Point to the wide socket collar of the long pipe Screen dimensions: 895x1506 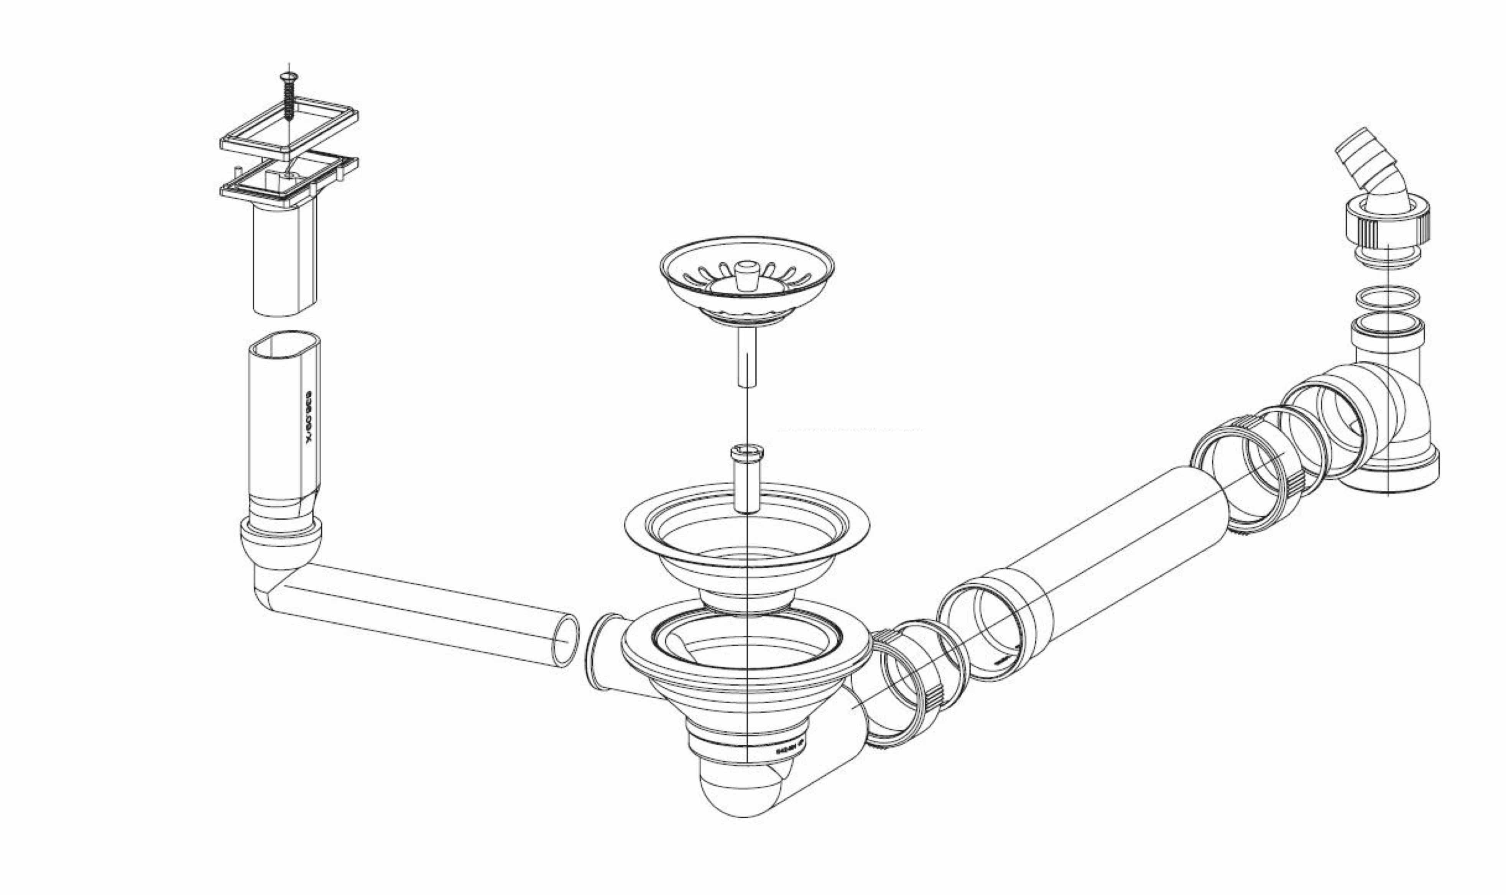click(x=995, y=627)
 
